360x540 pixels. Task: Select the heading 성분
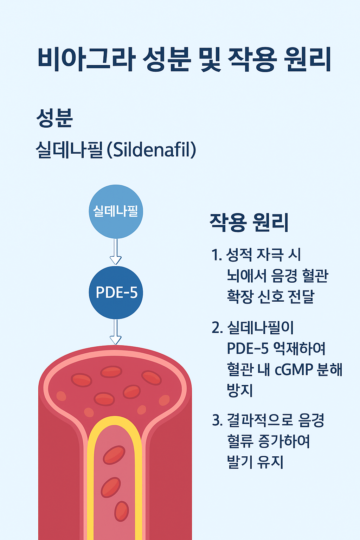click(x=54, y=118)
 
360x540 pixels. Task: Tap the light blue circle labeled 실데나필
click(x=116, y=211)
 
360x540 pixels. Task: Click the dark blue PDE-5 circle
click(x=116, y=292)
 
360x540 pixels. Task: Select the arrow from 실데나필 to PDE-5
click(x=116, y=251)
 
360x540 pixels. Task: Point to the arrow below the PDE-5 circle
click(x=116, y=332)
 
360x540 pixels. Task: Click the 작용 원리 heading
click(x=249, y=222)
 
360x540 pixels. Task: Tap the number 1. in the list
click(x=217, y=255)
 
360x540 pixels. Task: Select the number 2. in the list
click(x=217, y=328)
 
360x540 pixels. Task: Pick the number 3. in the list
click(x=217, y=420)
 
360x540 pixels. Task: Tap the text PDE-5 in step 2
click(x=247, y=349)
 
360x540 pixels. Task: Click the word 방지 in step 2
click(x=240, y=391)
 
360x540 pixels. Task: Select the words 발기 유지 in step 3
click(x=255, y=462)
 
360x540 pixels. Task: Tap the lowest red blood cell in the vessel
click(x=121, y=511)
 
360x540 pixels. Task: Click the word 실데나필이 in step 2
click(x=261, y=328)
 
